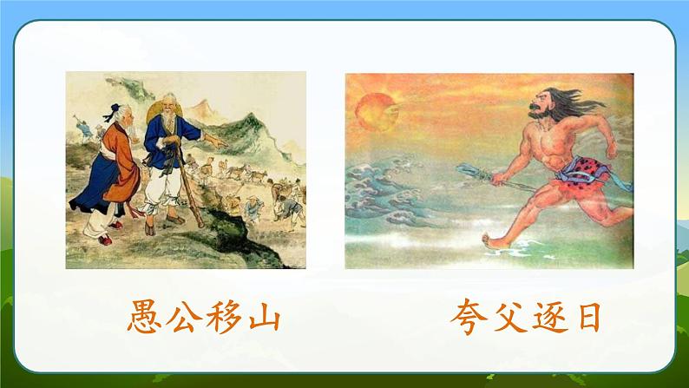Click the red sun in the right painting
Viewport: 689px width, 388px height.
coord(376,110)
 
